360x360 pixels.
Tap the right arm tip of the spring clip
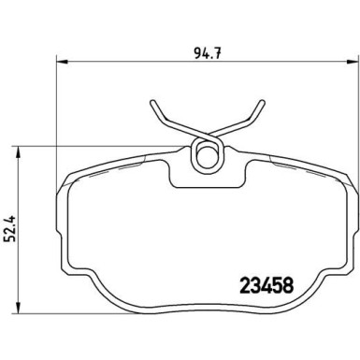(258, 105)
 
